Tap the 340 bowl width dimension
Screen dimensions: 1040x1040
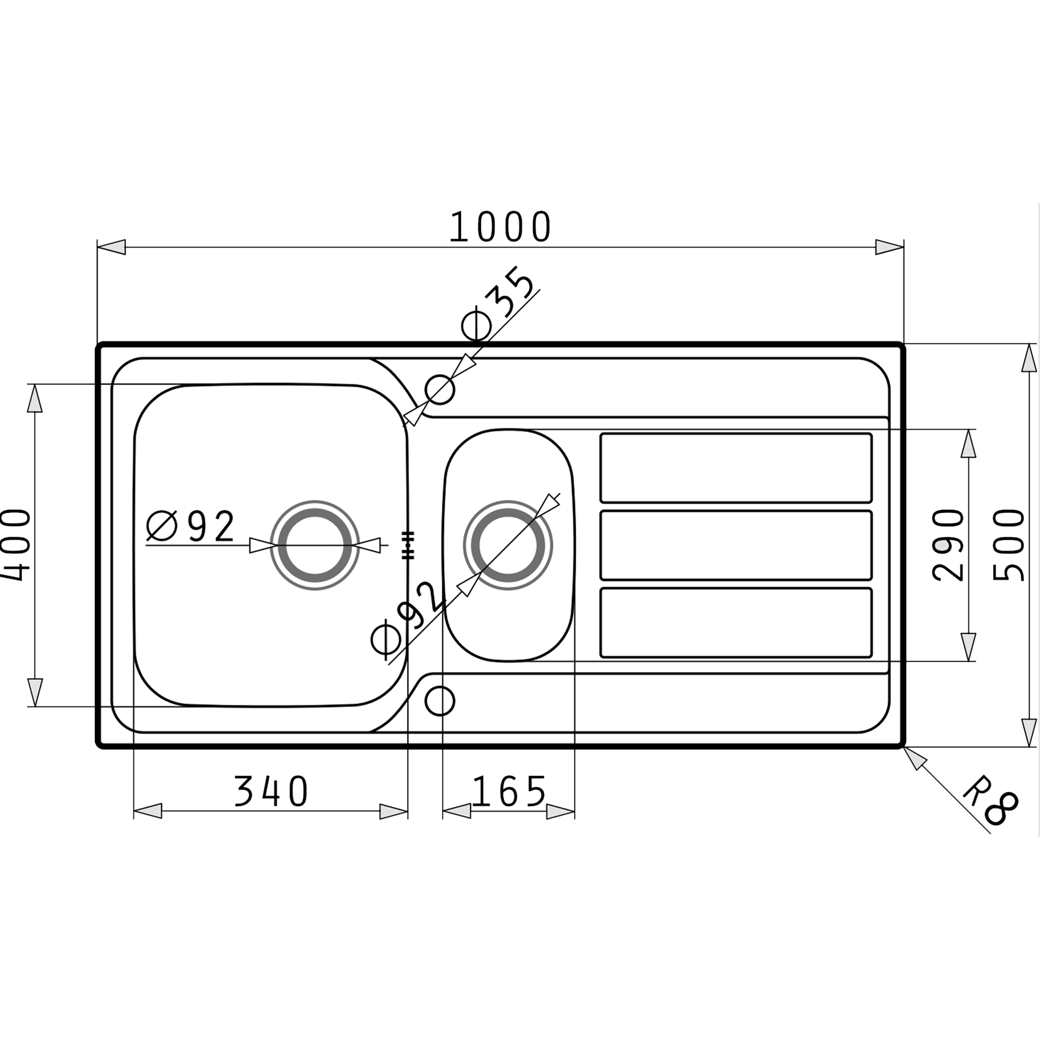click(x=271, y=792)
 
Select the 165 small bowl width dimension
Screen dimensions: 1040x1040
click(x=508, y=792)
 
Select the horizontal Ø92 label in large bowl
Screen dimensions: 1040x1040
click(x=191, y=526)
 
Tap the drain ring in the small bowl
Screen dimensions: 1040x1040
click(x=508, y=545)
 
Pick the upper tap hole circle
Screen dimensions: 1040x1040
click(x=440, y=389)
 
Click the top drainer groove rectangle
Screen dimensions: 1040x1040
click(x=736, y=468)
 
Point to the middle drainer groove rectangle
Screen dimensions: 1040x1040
click(x=736, y=545)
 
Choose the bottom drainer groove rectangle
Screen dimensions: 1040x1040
click(x=736, y=622)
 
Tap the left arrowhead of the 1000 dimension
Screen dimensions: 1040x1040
click(x=112, y=248)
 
